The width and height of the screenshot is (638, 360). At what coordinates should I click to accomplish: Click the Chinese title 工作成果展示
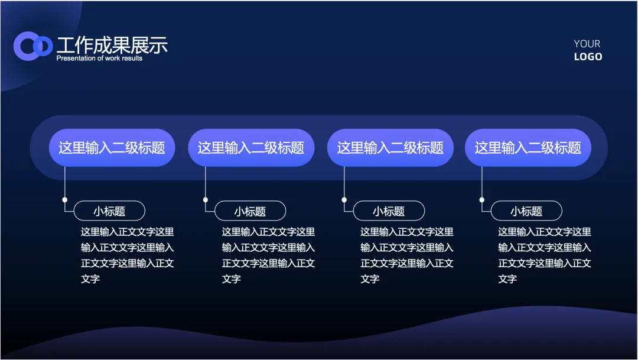[112, 45]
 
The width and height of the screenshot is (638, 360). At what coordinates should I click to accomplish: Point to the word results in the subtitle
[132, 59]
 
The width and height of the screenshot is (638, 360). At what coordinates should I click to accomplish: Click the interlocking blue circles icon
[33, 46]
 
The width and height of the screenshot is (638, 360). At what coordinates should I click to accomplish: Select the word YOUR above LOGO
[587, 44]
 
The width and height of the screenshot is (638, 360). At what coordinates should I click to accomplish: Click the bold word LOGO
[588, 57]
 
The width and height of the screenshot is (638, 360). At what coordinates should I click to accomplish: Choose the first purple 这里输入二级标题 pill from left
[112, 148]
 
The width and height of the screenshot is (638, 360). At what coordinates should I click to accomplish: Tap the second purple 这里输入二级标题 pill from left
[251, 148]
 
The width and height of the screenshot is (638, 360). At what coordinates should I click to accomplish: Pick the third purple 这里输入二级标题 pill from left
[390, 148]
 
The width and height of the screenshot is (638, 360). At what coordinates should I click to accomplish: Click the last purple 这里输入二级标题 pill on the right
[528, 148]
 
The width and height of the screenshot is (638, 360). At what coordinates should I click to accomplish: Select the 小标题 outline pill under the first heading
[110, 211]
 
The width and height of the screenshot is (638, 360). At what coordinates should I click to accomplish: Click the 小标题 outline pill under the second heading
[250, 211]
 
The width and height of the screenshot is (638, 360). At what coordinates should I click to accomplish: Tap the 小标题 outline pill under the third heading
[389, 211]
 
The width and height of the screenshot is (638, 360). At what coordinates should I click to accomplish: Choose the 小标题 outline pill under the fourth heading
[526, 211]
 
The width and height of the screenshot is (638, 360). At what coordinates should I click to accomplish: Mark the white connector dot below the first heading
[65, 200]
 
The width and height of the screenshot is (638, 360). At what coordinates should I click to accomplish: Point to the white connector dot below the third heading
[344, 200]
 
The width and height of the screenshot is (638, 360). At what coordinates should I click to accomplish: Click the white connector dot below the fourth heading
[482, 200]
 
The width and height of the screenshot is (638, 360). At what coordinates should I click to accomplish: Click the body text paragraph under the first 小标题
[127, 255]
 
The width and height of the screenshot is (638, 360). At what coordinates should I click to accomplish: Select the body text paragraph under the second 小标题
[268, 255]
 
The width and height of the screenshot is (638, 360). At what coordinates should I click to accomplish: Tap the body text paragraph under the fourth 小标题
[544, 255]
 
